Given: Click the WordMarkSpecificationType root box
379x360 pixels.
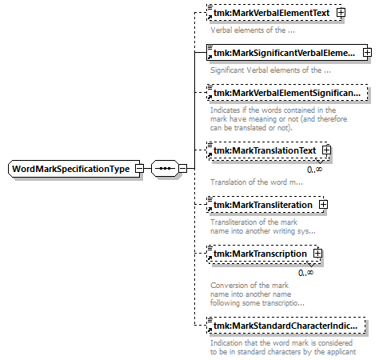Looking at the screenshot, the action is tap(74, 169).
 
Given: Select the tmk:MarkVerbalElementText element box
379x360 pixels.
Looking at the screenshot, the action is tap(274, 13).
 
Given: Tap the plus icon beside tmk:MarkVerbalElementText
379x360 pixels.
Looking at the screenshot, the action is tap(341, 13).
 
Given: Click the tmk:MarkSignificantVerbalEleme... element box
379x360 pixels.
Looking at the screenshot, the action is tap(287, 53).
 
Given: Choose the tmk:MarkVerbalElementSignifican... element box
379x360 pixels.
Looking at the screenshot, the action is tap(287, 93).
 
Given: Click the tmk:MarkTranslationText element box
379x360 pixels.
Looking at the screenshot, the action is tap(268, 150).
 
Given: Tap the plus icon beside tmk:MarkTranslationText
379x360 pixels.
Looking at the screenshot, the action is tap(326, 150).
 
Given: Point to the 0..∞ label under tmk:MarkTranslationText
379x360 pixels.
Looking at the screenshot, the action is tap(314, 170).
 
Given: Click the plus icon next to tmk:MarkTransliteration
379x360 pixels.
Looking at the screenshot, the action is tap(323, 205).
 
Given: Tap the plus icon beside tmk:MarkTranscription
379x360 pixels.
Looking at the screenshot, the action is tap(317, 253).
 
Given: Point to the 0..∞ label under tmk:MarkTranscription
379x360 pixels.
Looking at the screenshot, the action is tap(305, 273).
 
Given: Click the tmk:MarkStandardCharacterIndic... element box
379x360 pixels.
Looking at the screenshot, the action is tap(286, 326).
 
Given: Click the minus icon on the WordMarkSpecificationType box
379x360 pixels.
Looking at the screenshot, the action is tap(139, 169).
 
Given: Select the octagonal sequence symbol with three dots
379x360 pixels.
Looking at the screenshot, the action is tap(165, 169).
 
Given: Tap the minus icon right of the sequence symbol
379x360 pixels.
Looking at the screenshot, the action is tap(182, 169).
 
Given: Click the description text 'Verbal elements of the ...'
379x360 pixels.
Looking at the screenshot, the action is tap(253, 30).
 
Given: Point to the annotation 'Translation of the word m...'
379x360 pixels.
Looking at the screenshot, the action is tap(257, 182).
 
